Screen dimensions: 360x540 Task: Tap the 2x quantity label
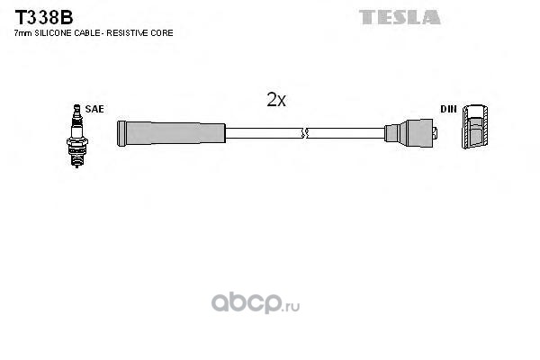pos(276,101)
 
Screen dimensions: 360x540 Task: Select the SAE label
pos(94,109)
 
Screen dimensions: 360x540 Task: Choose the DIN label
pos(447,109)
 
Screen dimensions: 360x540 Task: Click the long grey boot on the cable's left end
pos(171,133)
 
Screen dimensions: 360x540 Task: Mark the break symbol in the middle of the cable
pos(304,133)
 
